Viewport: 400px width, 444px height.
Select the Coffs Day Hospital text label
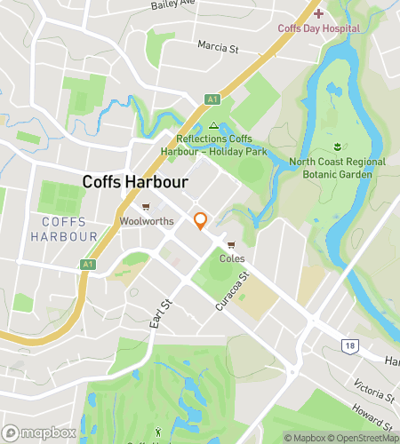tap(318, 28)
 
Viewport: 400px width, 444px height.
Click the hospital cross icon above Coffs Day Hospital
tap(318, 14)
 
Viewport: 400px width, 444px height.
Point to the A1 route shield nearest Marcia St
tap(212, 99)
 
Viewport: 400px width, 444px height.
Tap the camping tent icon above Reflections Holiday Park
tap(213, 126)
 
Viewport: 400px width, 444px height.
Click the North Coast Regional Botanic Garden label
tap(338, 168)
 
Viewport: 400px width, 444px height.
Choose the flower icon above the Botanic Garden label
tap(338, 146)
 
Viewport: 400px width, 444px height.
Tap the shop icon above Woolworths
tap(146, 206)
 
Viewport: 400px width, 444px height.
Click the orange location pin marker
tap(201, 221)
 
